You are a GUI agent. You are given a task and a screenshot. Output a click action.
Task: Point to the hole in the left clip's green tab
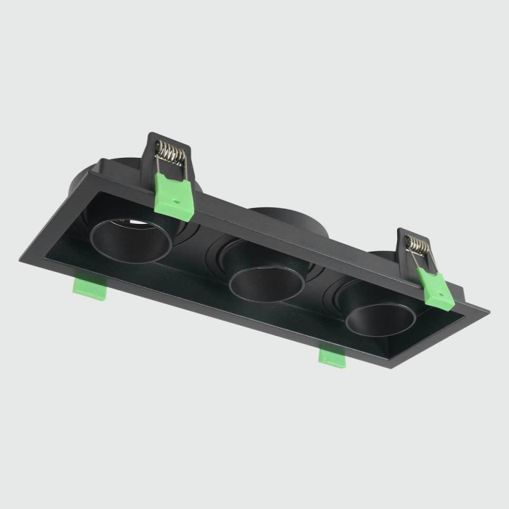pyautogui.click(x=175, y=195)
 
